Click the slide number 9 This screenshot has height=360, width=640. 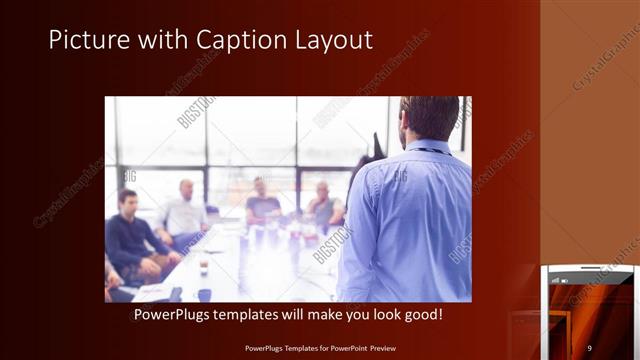click(589, 347)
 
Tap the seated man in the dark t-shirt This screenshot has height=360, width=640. click(263, 204)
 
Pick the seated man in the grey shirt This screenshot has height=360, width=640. click(324, 207)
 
